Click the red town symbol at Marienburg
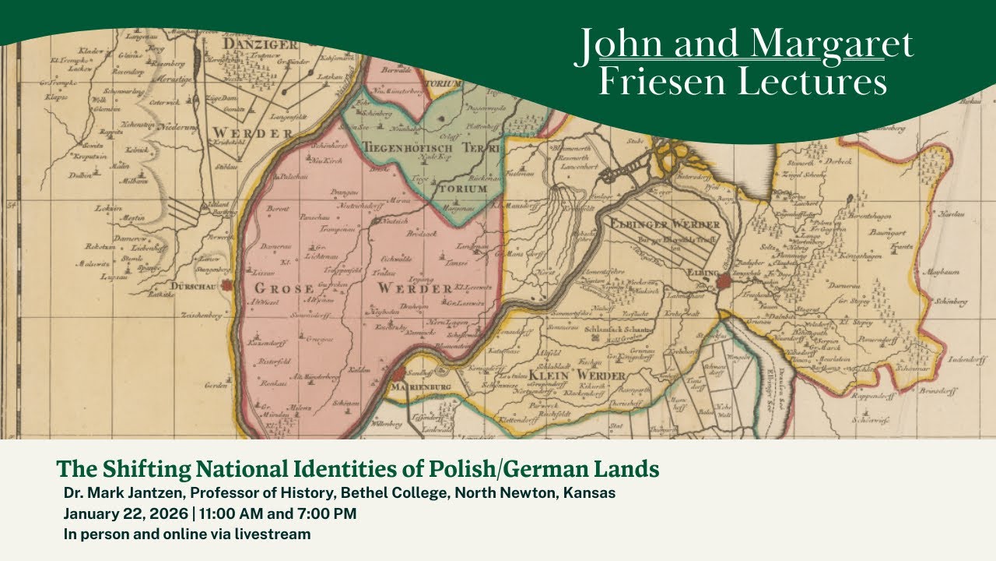(399, 375)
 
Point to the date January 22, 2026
(121, 513)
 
